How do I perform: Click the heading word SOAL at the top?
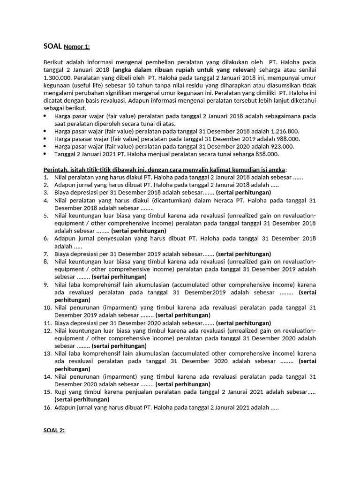pyautogui.click(x=52, y=46)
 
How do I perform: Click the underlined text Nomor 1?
pyautogui.click(x=77, y=47)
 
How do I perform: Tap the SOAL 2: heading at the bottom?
pyautogui.click(x=53, y=430)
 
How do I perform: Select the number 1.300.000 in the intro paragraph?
pyautogui.click(x=58, y=78)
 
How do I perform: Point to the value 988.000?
pyautogui.click(x=286, y=139)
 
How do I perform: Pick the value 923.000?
pyautogui.click(x=280, y=146)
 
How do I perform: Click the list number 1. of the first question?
pyautogui.click(x=46, y=177)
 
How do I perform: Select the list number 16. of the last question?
pyautogui.click(x=47, y=408)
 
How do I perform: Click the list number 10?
pyautogui.click(x=47, y=307)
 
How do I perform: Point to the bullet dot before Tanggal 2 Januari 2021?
pyautogui.click(x=45, y=154)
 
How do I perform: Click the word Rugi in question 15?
pyautogui.click(x=61, y=392)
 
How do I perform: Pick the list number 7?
pyautogui.click(x=46, y=254)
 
